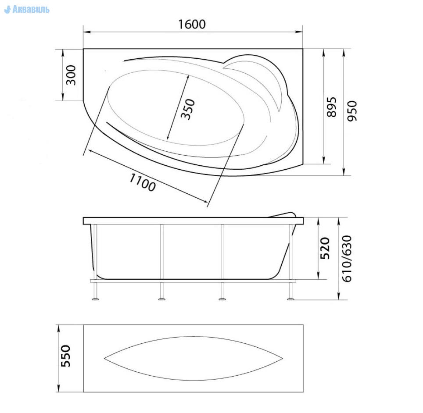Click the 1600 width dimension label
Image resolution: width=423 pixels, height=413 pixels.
tap(192, 24)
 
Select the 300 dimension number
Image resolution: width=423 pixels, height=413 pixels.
tap(71, 75)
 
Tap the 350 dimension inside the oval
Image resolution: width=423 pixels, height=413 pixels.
tap(188, 109)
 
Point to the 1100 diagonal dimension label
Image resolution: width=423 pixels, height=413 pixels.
tap(143, 182)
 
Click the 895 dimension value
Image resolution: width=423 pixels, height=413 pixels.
tap(332, 107)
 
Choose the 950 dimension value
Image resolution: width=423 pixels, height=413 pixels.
tap(352, 111)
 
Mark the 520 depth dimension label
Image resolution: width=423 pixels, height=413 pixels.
tap(325, 248)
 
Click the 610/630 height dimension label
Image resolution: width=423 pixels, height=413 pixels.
tap(347, 259)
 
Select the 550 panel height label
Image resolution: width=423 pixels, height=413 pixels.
tap(65, 356)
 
